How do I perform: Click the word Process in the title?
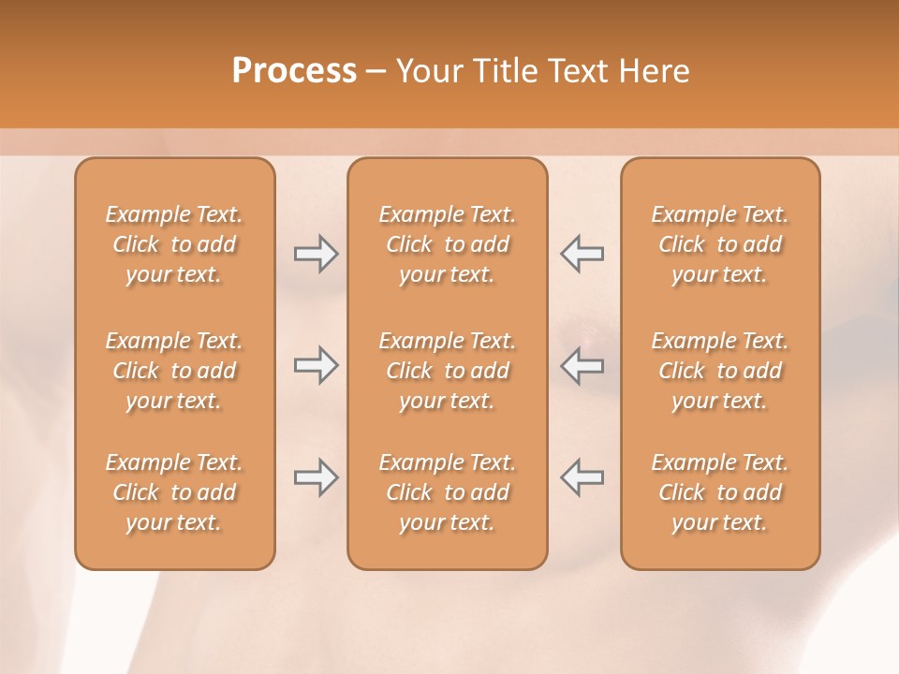pyautogui.click(x=294, y=71)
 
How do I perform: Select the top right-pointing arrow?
pyautogui.click(x=316, y=254)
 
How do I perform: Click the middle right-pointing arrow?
pyautogui.click(x=316, y=365)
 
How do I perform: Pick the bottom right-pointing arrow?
pyautogui.click(x=316, y=477)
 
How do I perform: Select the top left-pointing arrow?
pyautogui.click(x=582, y=254)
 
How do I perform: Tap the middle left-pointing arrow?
pyautogui.click(x=582, y=365)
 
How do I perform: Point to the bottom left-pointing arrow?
pyautogui.click(x=582, y=477)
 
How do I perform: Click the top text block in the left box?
pyautogui.click(x=174, y=244)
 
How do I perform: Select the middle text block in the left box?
pyautogui.click(x=174, y=371)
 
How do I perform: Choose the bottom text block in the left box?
pyautogui.click(x=174, y=492)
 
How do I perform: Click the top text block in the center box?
pyautogui.click(x=448, y=244)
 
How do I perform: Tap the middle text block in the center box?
pyautogui.click(x=448, y=371)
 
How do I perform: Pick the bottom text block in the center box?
pyautogui.click(x=448, y=492)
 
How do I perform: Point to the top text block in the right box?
pyautogui.click(x=720, y=244)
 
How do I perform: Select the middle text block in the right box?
pyautogui.click(x=720, y=371)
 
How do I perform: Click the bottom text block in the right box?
pyautogui.click(x=720, y=492)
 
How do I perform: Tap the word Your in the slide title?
pyautogui.click(x=429, y=71)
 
